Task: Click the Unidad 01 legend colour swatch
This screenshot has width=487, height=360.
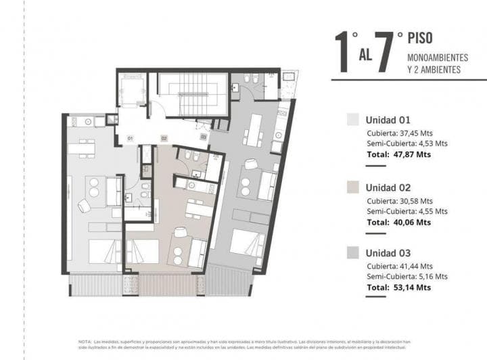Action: tap(352, 120)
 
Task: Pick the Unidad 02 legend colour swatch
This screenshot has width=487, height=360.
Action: tap(352, 187)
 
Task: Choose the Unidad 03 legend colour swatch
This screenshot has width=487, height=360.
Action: tap(352, 253)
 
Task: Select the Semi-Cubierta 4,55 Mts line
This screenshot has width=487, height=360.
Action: tap(407, 210)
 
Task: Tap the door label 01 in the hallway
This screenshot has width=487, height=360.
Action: tap(129, 138)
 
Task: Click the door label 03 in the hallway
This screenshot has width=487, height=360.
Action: tap(203, 137)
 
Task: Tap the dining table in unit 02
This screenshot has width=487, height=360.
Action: tap(198, 210)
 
